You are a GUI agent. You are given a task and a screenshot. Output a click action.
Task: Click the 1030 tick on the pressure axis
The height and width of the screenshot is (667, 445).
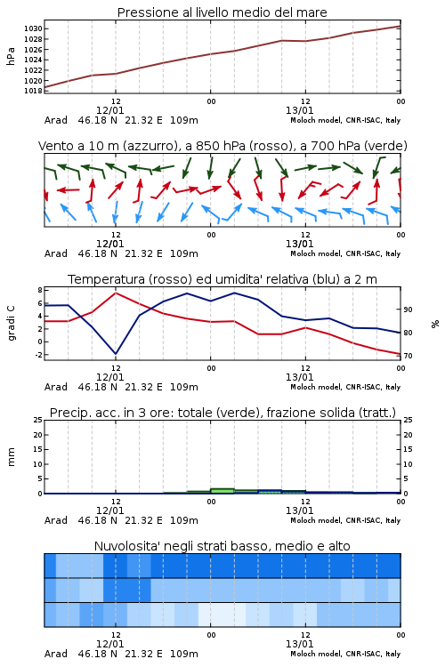tap(33, 29)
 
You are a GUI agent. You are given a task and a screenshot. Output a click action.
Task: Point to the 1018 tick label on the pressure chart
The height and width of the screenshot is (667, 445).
tap(33, 91)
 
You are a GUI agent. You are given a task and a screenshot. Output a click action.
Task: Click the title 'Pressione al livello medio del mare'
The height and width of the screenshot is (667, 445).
tap(222, 12)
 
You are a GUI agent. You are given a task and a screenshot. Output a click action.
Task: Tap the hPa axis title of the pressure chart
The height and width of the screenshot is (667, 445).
tap(11, 56)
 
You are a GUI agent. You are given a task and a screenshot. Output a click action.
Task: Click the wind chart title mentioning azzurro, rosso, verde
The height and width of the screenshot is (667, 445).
tap(222, 146)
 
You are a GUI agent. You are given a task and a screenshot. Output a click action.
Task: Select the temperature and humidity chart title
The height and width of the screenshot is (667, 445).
tap(222, 279)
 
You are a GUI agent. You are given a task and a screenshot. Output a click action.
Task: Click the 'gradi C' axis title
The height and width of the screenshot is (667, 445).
tap(11, 323)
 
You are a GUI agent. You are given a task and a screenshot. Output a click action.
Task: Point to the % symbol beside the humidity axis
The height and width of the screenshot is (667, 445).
tap(435, 324)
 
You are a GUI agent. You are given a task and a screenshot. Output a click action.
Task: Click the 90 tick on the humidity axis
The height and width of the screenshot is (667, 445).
tap(408, 309)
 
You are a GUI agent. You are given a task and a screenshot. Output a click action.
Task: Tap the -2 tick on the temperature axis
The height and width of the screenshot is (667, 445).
tap(38, 355)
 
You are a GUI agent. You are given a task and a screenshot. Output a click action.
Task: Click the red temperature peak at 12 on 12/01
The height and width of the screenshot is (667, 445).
tap(116, 293)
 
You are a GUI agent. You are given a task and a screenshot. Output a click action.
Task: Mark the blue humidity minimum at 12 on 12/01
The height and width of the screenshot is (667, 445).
tap(116, 353)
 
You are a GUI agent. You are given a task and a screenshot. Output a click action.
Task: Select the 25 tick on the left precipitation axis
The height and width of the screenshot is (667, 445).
tap(38, 420)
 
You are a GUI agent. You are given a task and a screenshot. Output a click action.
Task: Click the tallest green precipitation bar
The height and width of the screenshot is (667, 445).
tap(222, 491)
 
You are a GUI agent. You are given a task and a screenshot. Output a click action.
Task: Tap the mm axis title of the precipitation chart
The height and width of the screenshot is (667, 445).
tap(11, 457)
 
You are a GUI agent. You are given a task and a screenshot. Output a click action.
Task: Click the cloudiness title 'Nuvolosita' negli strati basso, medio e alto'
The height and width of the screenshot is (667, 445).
tap(222, 546)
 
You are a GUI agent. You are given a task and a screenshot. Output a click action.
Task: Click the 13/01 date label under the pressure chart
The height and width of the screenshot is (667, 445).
tap(299, 110)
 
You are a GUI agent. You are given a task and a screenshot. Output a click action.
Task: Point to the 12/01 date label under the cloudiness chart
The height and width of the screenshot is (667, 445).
tap(109, 644)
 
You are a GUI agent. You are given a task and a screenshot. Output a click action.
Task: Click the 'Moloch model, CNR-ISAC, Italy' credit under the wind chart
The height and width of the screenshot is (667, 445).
tap(345, 253)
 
